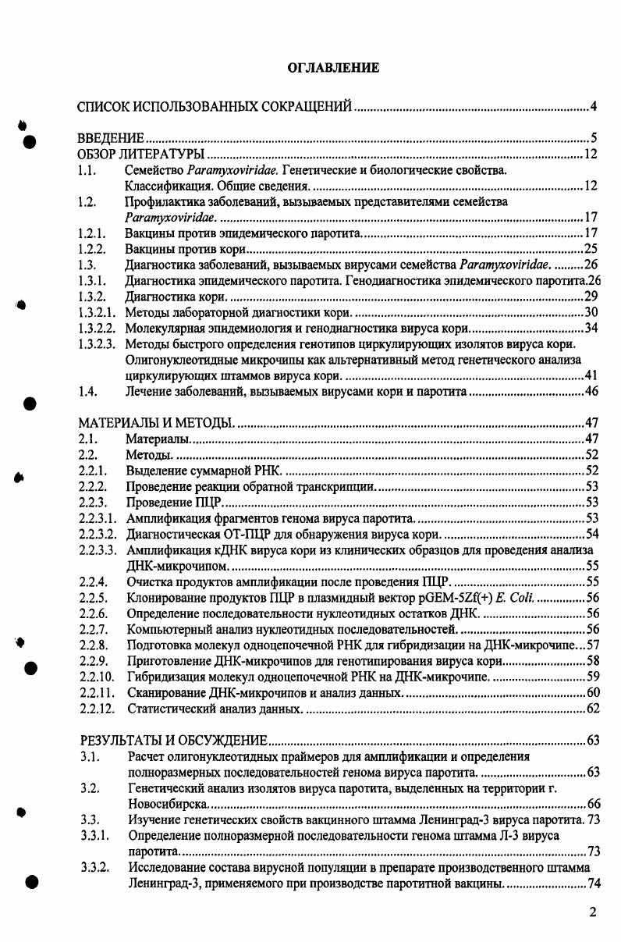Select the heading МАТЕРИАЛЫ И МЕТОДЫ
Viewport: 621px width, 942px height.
(157, 423)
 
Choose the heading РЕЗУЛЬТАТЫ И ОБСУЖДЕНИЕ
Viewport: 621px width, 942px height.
(175, 740)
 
